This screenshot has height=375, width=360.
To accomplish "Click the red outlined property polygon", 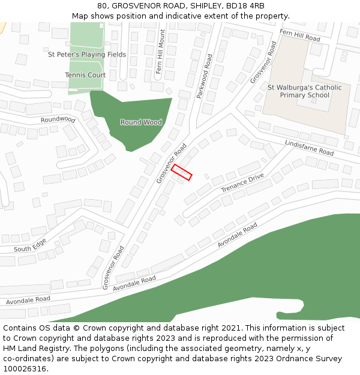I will click(181, 172).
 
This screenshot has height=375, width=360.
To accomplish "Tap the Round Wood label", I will click(141, 122).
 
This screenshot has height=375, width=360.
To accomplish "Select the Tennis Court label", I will click(85, 75).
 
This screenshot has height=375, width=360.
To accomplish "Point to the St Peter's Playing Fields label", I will click(87, 55).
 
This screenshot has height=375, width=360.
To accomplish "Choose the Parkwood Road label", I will click(205, 76).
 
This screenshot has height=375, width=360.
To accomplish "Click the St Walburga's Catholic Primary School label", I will click(305, 91).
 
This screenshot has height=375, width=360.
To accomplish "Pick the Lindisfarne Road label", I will click(310, 148).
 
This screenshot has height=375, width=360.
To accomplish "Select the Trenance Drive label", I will click(242, 183).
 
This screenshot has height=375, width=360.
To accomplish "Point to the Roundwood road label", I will click(58, 119).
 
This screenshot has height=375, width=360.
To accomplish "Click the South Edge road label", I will click(30, 246).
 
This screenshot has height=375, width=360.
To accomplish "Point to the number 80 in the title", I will click(102, 6).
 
